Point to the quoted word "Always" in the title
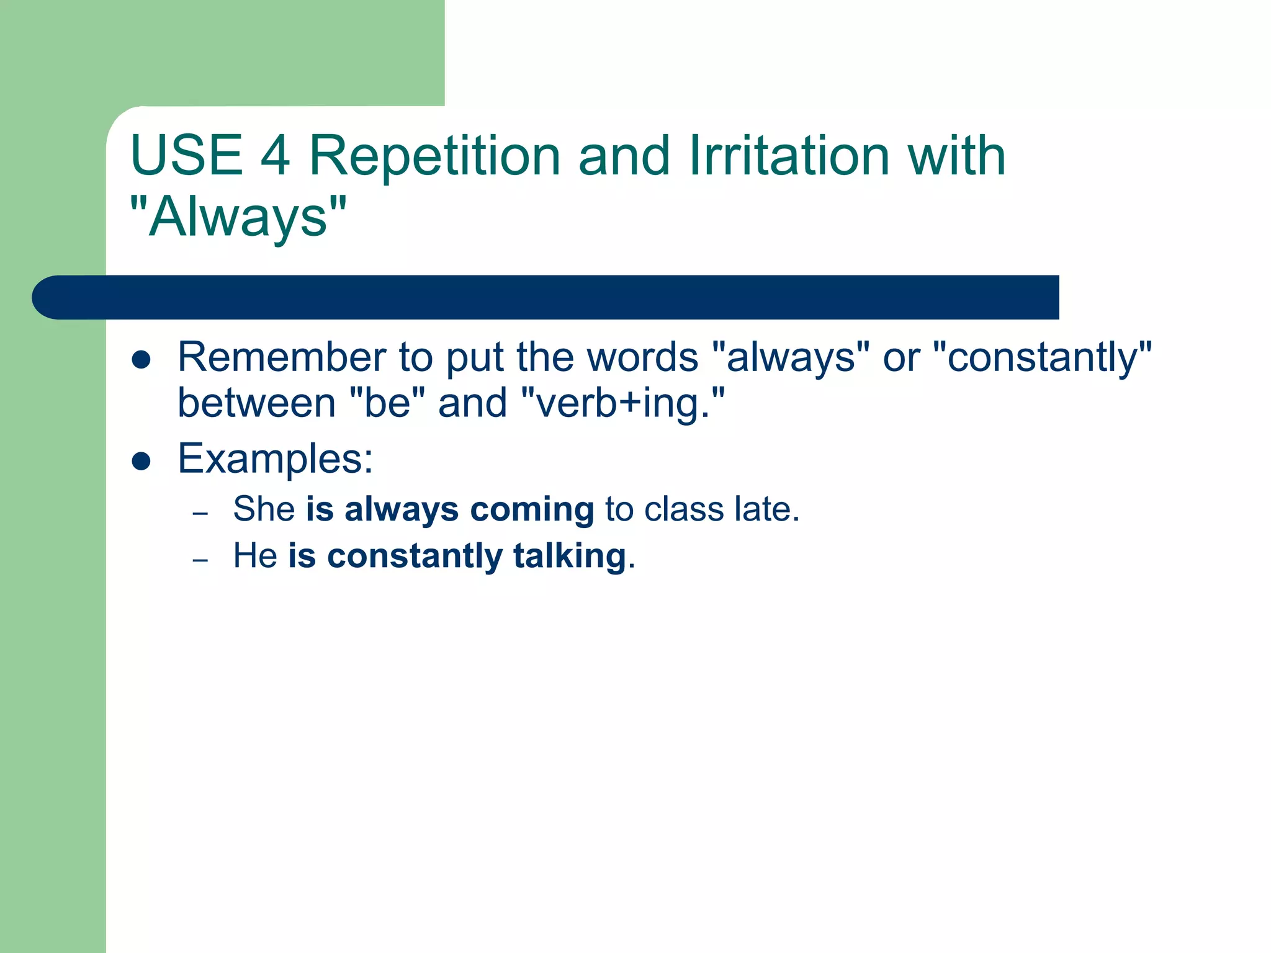pyautogui.click(x=238, y=217)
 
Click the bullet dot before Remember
pyautogui.click(x=141, y=360)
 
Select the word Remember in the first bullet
pyautogui.click(x=282, y=357)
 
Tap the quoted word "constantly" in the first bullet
pyautogui.click(x=1043, y=357)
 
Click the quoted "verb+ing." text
pyautogui.click(x=622, y=403)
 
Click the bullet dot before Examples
pyautogui.click(x=141, y=462)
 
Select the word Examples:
pyautogui.click(x=276, y=459)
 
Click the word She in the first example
pyautogui.click(x=264, y=509)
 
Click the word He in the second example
pyautogui.click(x=254, y=555)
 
